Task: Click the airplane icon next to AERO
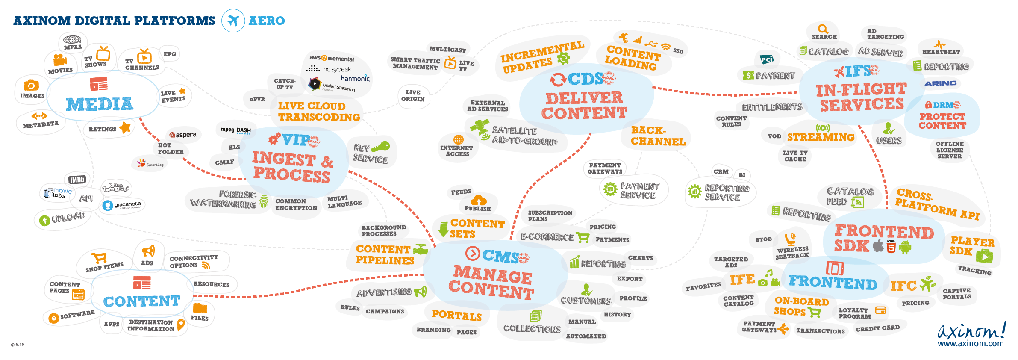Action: pyautogui.click(x=233, y=21)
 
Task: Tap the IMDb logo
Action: pyautogui.click(x=77, y=180)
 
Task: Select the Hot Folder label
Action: pyautogui.click(x=171, y=148)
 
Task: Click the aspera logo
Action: pyautogui.click(x=183, y=135)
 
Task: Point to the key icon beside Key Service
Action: pyautogui.click(x=380, y=147)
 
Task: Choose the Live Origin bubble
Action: pyautogui.click(x=412, y=96)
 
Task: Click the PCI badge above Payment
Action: pyautogui.click(x=767, y=59)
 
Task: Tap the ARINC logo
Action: pyautogui.click(x=940, y=83)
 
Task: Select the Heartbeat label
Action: pyautogui.click(x=941, y=52)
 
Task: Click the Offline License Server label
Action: pyautogui.click(x=949, y=150)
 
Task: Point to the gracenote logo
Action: pyautogui.click(x=123, y=205)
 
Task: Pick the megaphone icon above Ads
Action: pyautogui.click(x=148, y=251)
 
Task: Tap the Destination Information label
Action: pyautogui.click(x=151, y=325)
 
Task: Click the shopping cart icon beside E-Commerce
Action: pyautogui.click(x=583, y=237)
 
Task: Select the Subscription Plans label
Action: pyautogui.click(x=550, y=216)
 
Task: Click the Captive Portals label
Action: pyautogui.click(x=956, y=294)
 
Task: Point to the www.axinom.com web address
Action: pyautogui.click(x=970, y=343)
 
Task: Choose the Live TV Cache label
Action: pyautogui.click(x=795, y=156)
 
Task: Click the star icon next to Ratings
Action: pyautogui.click(x=125, y=127)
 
